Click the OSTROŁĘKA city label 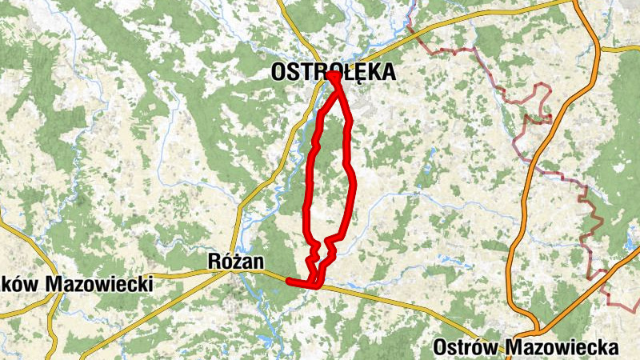(333, 73)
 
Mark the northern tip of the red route (333, 76)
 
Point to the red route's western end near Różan (289, 281)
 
